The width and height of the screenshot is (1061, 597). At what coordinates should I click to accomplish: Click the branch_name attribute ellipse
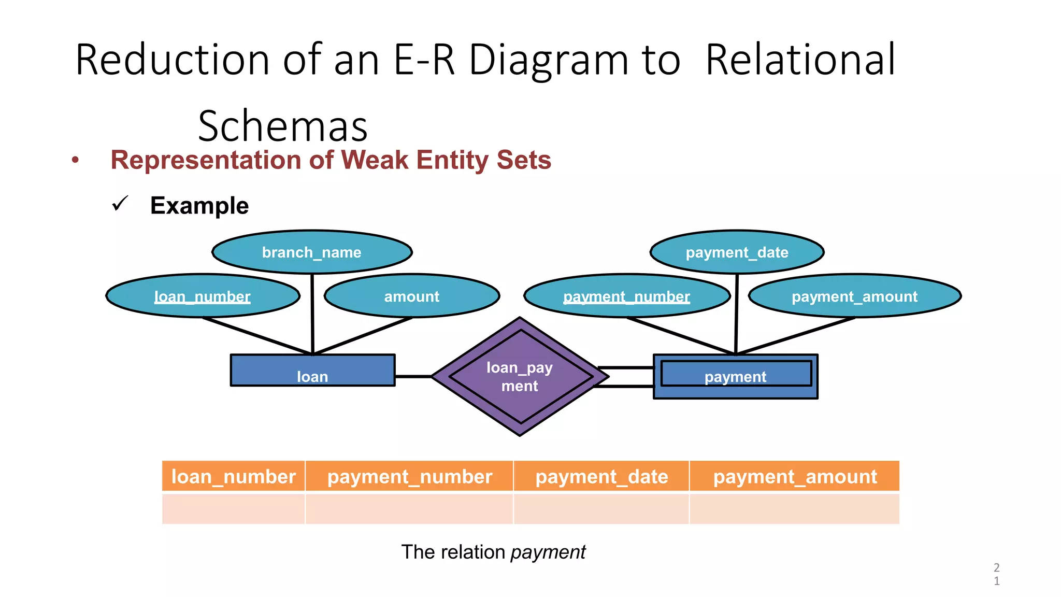(x=312, y=252)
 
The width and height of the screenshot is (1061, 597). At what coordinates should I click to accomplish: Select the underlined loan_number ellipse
(x=203, y=296)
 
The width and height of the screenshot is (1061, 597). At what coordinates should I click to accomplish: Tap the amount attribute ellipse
(x=411, y=296)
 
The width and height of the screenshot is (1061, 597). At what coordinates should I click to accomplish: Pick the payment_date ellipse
(x=737, y=252)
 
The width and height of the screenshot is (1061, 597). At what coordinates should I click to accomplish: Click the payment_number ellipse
(x=626, y=296)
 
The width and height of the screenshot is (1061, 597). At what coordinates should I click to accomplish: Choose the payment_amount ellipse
(x=854, y=296)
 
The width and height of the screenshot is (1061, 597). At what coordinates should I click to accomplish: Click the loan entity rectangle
(x=312, y=371)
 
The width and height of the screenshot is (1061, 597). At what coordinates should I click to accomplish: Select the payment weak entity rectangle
(x=735, y=376)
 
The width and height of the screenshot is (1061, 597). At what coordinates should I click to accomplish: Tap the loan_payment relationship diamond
(x=520, y=377)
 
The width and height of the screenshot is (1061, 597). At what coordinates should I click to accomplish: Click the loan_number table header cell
(x=233, y=476)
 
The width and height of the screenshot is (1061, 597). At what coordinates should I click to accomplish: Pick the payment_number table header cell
(x=409, y=476)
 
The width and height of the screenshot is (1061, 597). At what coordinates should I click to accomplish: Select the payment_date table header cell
(x=601, y=476)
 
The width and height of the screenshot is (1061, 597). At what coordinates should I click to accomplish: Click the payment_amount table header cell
(x=795, y=476)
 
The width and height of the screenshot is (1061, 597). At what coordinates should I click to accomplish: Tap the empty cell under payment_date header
(x=601, y=509)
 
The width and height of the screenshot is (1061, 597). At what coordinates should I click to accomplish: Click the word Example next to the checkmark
(x=199, y=206)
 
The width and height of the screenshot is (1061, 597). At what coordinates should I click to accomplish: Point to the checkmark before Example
(x=120, y=204)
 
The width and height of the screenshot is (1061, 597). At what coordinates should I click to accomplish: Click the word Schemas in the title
(x=282, y=126)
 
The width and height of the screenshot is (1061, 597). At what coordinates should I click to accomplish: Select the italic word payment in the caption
(x=548, y=552)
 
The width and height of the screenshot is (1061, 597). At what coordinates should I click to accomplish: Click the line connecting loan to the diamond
(x=413, y=376)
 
